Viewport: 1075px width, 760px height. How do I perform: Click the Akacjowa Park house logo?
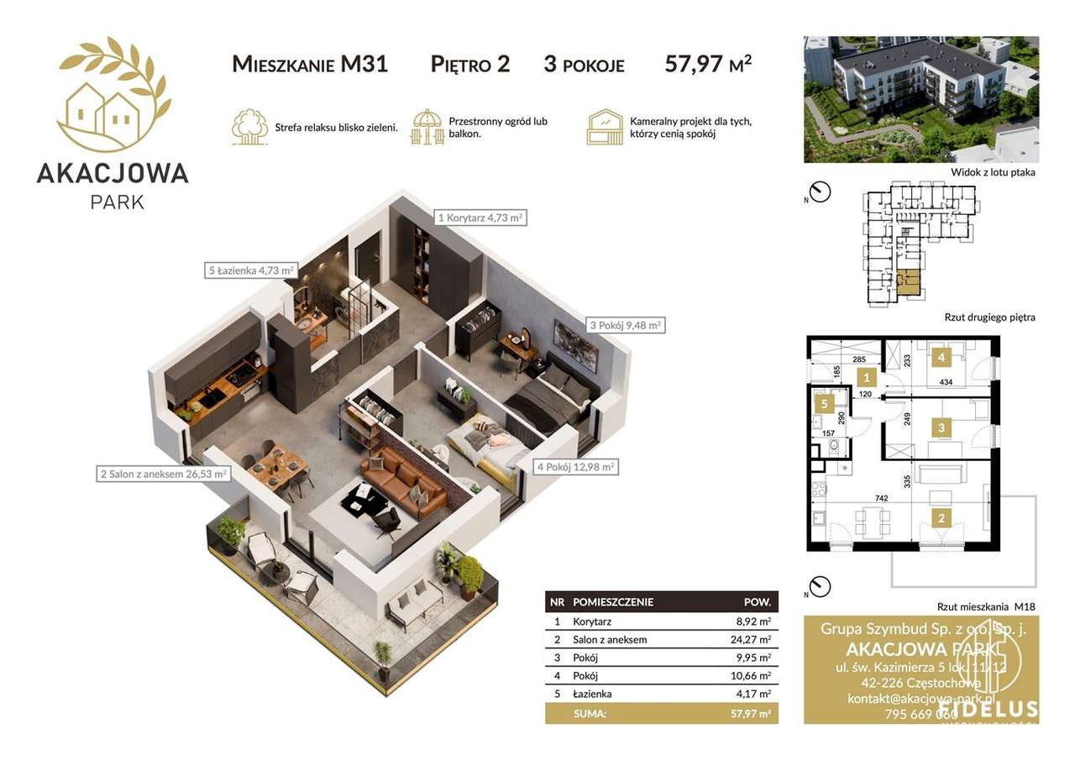(113, 92)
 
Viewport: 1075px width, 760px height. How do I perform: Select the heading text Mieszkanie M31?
(310, 64)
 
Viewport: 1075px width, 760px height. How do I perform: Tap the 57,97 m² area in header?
(707, 64)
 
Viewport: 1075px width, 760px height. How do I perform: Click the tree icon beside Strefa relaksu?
(249, 127)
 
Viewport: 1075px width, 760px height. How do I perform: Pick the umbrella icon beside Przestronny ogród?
(427, 127)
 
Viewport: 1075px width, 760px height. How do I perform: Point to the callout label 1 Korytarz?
(480, 218)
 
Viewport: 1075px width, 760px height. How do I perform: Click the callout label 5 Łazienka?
(250, 270)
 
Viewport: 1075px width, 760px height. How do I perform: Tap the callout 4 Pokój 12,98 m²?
(577, 466)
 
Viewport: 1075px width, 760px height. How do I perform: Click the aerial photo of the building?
(920, 99)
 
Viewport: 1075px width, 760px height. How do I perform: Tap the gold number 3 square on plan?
(941, 428)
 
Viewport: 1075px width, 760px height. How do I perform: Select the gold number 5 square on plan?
(825, 403)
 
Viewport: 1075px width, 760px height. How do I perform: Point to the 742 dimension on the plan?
(881, 498)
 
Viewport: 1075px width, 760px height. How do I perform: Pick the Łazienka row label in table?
(592, 694)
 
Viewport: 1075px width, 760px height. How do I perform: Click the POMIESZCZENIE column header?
(612, 602)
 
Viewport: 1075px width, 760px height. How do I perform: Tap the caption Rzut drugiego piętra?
(989, 317)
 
